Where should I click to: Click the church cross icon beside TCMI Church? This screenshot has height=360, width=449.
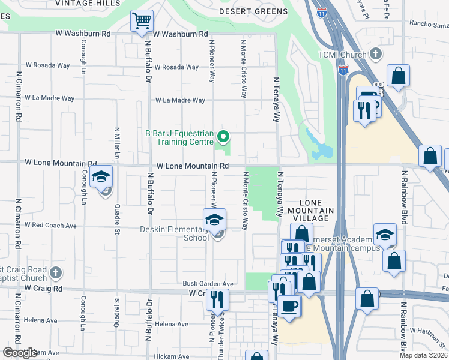pyautogui.click(x=376, y=55)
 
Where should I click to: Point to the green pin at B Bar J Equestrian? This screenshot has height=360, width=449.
pyautogui.click(x=223, y=138)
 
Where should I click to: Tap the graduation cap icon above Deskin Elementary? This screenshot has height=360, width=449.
pyautogui.click(x=214, y=220)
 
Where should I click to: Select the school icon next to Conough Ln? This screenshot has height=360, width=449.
pyautogui.click(x=101, y=177)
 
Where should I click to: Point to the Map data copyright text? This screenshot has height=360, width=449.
pyautogui.click(x=423, y=355)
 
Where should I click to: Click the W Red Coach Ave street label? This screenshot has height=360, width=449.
pyautogui.click(x=50, y=226)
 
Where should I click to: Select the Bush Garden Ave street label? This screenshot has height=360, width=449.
pyautogui.click(x=208, y=283)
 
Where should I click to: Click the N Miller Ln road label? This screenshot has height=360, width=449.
pyautogui.click(x=117, y=143)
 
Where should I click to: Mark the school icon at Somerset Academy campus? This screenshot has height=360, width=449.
pyautogui.click(x=385, y=235)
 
